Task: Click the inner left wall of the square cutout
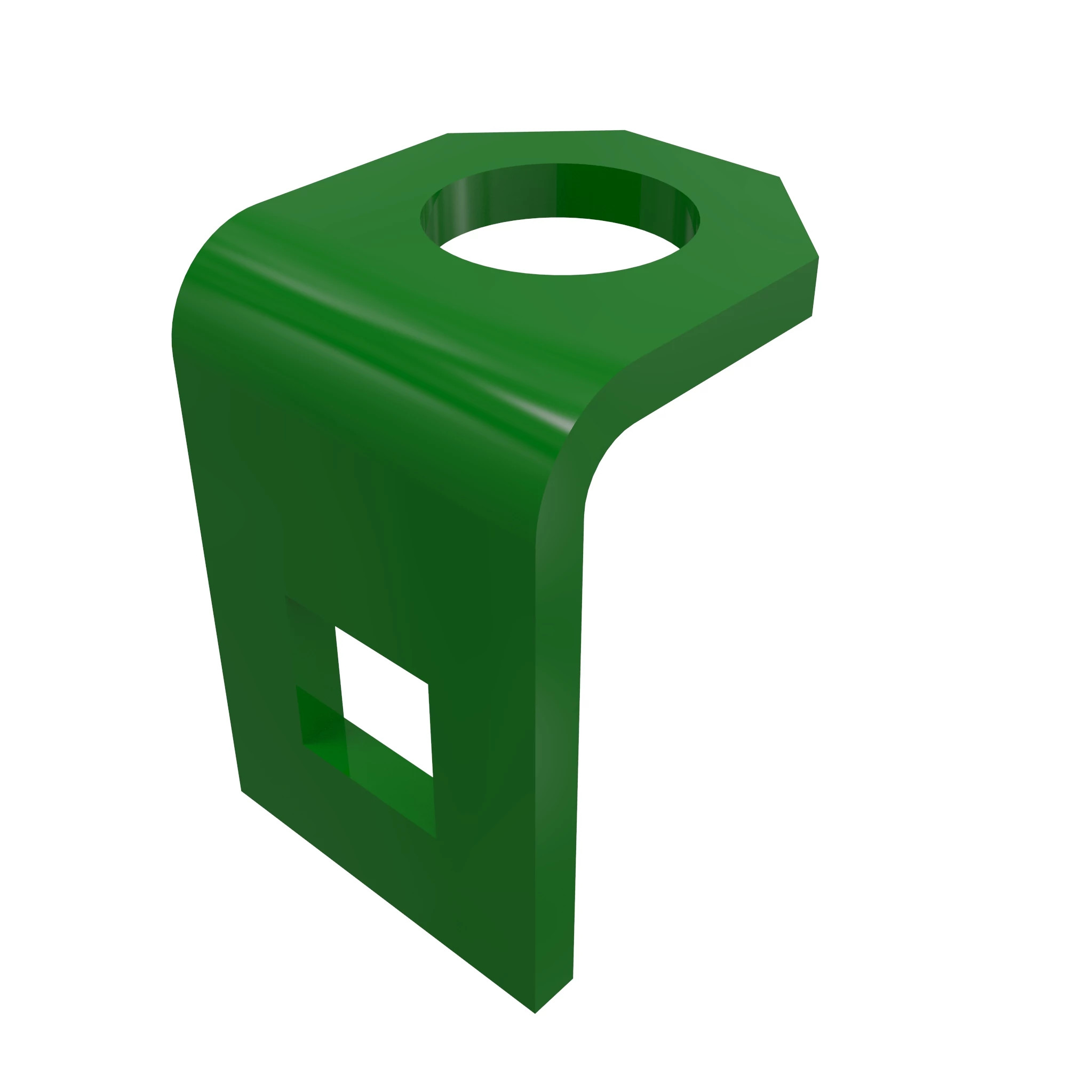click(323, 718)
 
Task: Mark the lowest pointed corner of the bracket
click(535, 1014)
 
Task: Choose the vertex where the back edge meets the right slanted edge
click(625, 130)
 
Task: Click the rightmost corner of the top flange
click(818, 257)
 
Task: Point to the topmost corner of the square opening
click(335, 626)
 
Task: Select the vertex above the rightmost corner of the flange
click(779, 177)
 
